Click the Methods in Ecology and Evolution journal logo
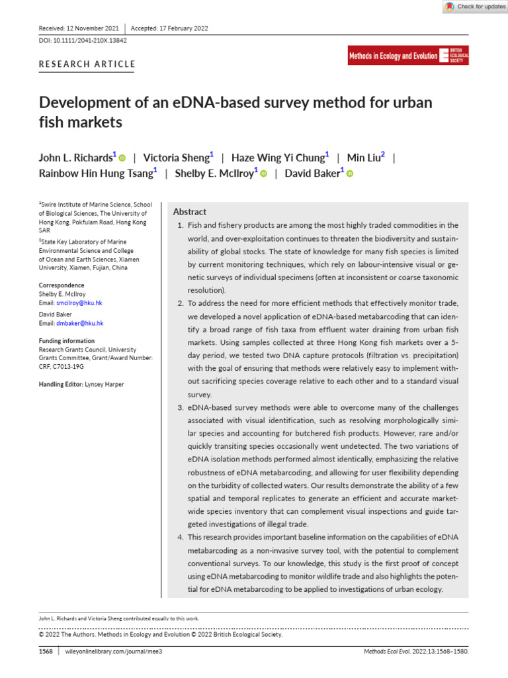pyautogui.click(x=408, y=56)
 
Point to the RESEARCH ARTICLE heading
pyautogui.click(x=87, y=64)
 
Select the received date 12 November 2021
pyautogui.click(x=91, y=28)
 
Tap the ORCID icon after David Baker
pyautogui.click(x=350, y=174)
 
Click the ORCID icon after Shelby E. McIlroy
pyautogui.click(x=263, y=174)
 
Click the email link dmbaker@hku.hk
pyautogui.click(x=79, y=323)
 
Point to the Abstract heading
pyautogui.click(x=189, y=212)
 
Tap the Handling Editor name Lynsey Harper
pyautogui.click(x=105, y=384)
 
